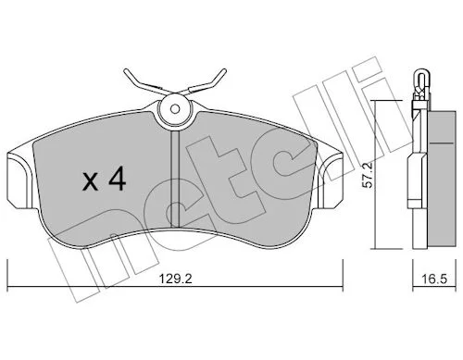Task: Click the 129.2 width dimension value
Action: point(175,279)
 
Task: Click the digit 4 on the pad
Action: point(117,179)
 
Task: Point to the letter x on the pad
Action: point(91,182)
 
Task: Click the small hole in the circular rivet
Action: point(175,108)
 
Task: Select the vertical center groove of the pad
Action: point(175,179)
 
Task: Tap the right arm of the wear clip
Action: point(205,81)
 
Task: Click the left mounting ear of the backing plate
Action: point(19,179)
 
